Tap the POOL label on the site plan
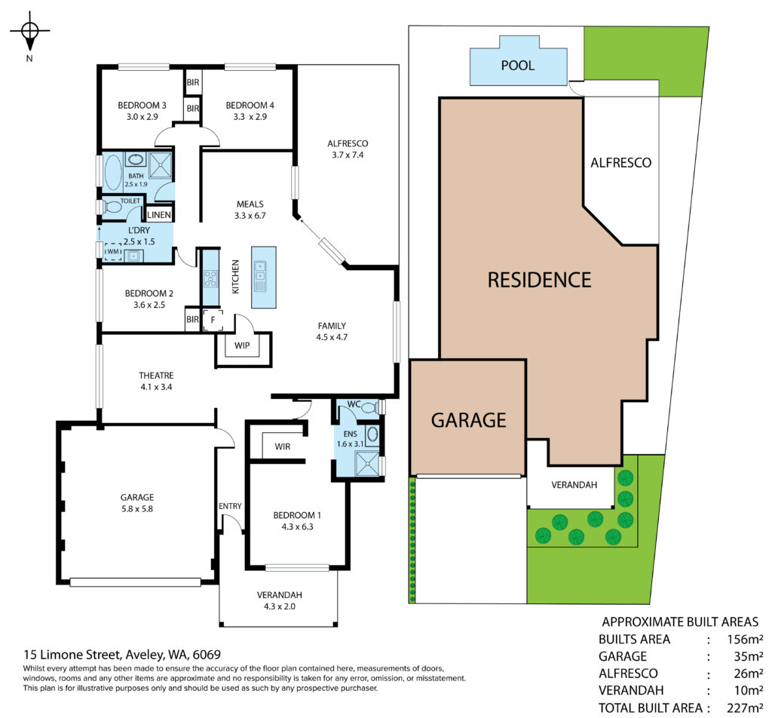pos(517,66)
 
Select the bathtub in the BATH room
pos(113,173)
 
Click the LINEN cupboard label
pos(159,215)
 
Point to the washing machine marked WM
pos(113,252)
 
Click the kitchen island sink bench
pos(263,278)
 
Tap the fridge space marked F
pos(213,320)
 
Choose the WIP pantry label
pos(242,345)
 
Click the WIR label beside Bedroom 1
pos(282,446)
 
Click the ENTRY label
pos(230,506)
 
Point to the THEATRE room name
pos(156,376)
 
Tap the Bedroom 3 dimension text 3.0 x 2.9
pos(142,117)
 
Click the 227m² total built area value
pos(745,708)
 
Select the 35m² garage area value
pos(749,656)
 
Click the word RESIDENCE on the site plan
pos(539,280)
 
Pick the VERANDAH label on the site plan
pos(574,485)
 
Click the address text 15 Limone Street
pos(72,655)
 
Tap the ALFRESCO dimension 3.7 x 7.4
pos(348,155)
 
